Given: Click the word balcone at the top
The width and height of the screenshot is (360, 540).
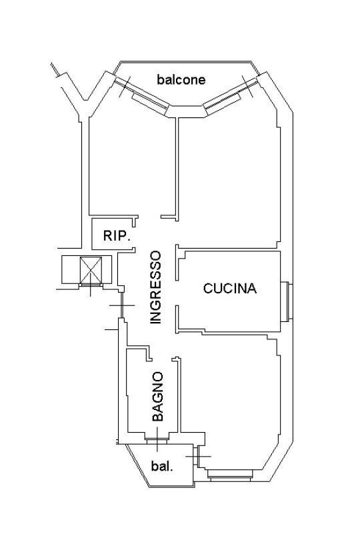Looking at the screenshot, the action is (181, 80).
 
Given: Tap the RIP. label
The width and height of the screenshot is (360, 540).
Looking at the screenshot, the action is (117, 236).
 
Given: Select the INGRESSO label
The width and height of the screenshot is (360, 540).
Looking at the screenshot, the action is (156, 287).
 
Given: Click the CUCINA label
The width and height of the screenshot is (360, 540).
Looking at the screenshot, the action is (230, 288).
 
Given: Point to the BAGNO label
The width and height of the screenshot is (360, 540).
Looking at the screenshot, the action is (158, 396).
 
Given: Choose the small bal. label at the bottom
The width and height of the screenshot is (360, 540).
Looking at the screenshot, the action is (162, 467).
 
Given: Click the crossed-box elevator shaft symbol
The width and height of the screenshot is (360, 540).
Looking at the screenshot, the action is (91, 271).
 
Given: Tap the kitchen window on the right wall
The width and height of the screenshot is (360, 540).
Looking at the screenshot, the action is (287, 301).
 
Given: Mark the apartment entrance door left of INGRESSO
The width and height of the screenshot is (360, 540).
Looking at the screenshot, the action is (121, 305).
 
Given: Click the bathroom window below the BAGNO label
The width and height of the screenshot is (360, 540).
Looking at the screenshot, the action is (157, 439).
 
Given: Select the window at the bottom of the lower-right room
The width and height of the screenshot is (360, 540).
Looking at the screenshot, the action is (230, 475).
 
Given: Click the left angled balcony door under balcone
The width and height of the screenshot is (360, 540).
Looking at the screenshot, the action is (141, 94).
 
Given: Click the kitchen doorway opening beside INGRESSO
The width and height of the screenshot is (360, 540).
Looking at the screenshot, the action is (177, 293).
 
